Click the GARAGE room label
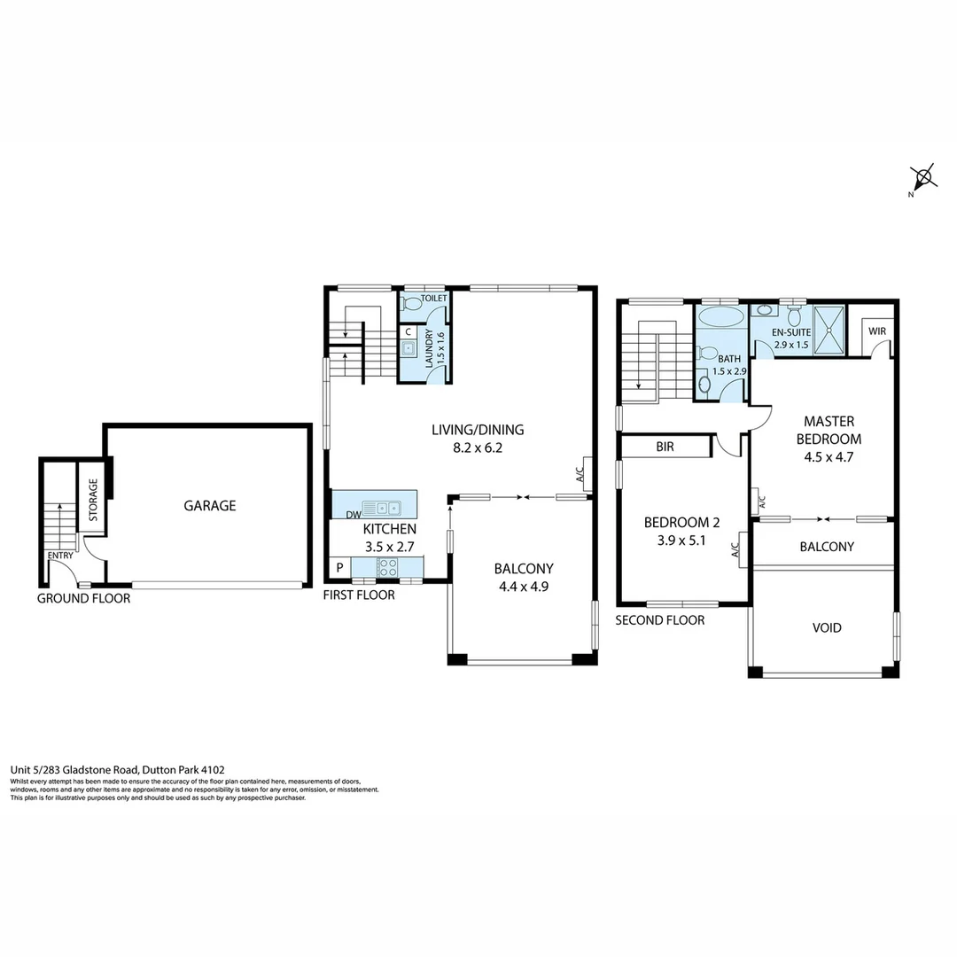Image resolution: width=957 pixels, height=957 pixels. point(210,506)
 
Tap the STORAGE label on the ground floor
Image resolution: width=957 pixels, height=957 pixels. point(92,500)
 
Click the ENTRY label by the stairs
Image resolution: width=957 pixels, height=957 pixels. point(61,556)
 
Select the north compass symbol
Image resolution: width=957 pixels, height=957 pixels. point(924,177)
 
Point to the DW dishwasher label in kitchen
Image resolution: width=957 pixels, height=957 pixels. point(353,513)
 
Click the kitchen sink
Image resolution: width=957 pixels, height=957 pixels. point(387,508)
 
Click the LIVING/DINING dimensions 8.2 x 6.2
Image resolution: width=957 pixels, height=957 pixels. point(478,448)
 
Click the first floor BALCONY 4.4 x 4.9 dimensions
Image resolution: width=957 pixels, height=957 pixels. point(523,586)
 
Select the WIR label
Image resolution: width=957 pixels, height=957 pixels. point(877,331)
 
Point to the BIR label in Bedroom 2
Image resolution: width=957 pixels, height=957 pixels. point(665,447)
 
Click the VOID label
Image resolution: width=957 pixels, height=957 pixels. point(827,627)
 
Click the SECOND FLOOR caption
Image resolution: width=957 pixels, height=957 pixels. point(660,620)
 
